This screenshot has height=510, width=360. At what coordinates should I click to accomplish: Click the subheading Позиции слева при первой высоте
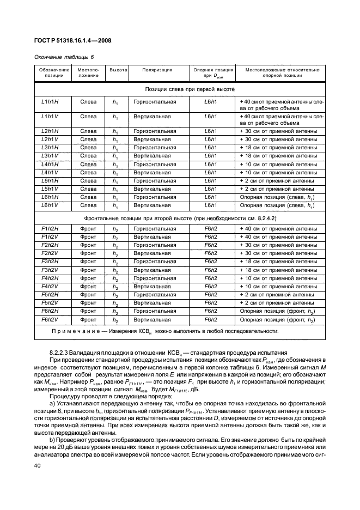tap(182, 88)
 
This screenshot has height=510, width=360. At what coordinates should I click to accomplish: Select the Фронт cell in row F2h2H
tap(88, 245)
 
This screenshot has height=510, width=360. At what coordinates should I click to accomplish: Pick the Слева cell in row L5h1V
tap(88, 189)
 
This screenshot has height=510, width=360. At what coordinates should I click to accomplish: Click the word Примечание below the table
tap(74, 331)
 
